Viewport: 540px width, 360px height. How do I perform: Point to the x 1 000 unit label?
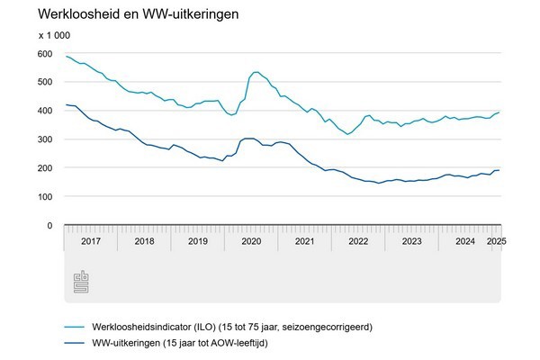click(x=54, y=35)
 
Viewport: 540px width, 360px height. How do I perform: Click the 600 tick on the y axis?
click(x=44, y=53)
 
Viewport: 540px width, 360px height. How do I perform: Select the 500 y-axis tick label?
click(x=44, y=82)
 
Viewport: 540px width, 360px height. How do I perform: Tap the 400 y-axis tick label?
click(x=44, y=111)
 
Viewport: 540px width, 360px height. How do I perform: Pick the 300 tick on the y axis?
click(x=44, y=139)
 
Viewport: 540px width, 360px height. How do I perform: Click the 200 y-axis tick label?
click(x=44, y=168)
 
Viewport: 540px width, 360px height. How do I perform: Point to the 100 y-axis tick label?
click(x=44, y=197)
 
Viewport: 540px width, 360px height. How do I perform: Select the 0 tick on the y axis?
click(x=49, y=225)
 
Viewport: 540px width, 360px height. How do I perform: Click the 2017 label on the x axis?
click(x=90, y=241)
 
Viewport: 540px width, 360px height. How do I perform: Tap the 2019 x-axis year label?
click(x=197, y=241)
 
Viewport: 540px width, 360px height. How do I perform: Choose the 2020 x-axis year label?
click(x=251, y=241)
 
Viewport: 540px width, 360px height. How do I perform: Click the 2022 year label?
click(x=358, y=241)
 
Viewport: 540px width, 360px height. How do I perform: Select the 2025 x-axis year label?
click(x=495, y=241)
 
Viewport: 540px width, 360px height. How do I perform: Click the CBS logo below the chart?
click(x=82, y=282)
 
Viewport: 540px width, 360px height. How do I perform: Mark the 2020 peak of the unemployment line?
click(x=256, y=72)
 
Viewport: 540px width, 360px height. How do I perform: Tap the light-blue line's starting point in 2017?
click(x=65, y=56)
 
